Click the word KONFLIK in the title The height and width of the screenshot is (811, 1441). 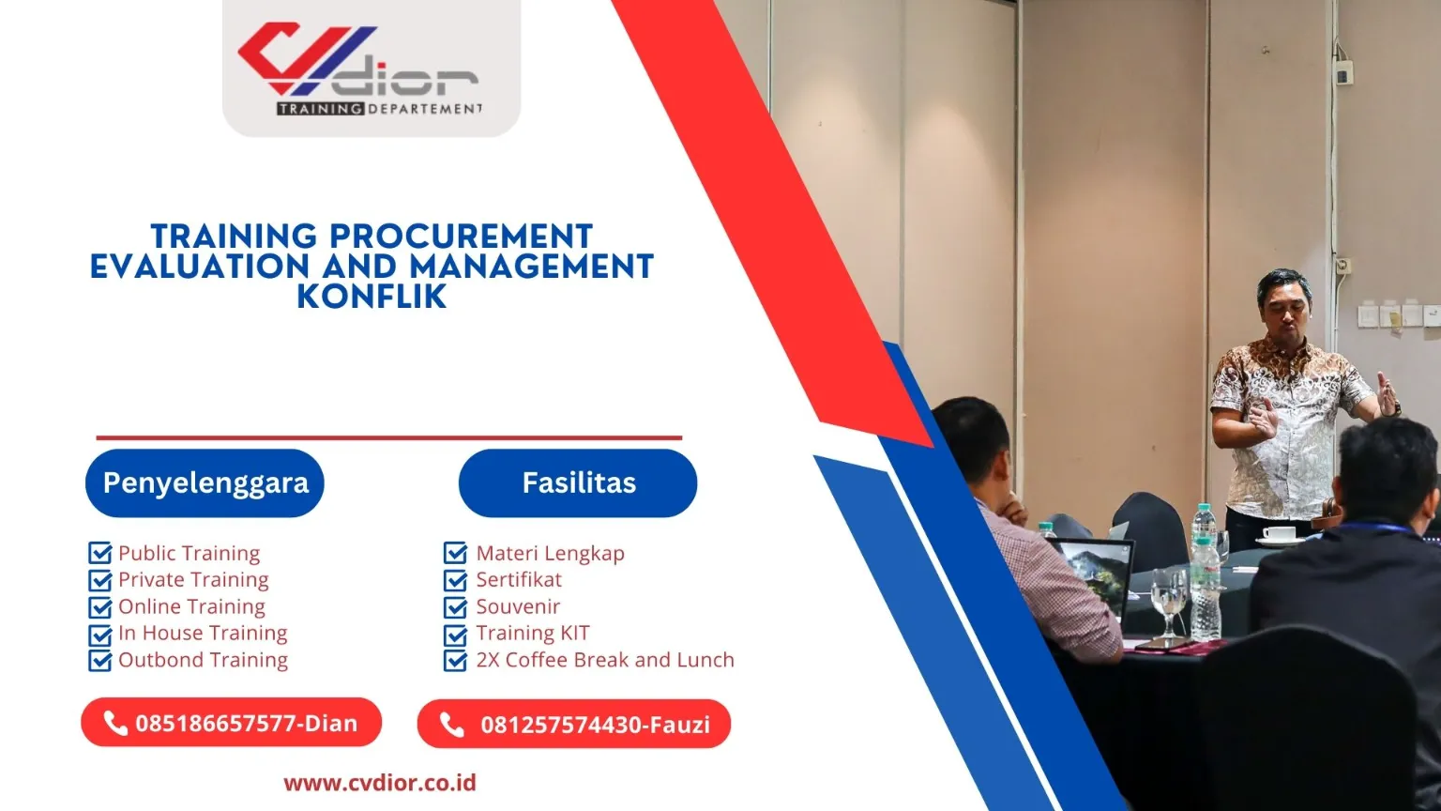tap(372, 297)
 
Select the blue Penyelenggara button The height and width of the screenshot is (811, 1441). tap(205, 482)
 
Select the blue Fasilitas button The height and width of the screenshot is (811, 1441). tap(578, 482)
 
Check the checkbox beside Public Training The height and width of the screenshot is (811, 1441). tap(99, 553)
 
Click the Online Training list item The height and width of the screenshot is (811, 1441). tap(191, 606)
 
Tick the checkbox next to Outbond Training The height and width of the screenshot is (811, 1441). tap(99, 660)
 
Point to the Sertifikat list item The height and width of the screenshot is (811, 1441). tap(518, 579)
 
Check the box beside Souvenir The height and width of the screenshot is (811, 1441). tap(455, 606)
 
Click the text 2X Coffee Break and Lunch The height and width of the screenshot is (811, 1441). tap(604, 660)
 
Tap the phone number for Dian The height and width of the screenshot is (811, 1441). tap(246, 724)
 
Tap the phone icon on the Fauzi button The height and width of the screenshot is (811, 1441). tap(452, 725)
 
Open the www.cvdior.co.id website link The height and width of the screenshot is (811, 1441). tap(380, 782)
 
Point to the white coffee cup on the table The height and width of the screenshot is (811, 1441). tap(1278, 534)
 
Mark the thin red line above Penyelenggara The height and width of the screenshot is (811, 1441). tap(388, 437)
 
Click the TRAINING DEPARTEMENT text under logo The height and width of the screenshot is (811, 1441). tap(379, 109)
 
